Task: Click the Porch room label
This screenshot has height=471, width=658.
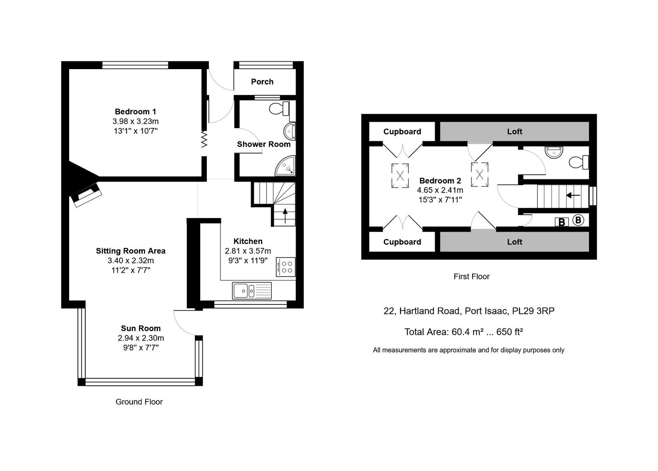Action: [262, 82]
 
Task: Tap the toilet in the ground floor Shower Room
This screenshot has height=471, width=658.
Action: [279, 109]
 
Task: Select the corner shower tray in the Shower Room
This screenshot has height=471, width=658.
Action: [285, 166]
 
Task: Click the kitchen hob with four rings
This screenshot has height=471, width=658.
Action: [285, 267]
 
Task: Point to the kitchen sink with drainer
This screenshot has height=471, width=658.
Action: [252, 290]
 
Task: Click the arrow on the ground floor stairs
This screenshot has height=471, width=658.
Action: [285, 216]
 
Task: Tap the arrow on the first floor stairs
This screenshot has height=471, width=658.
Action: [573, 195]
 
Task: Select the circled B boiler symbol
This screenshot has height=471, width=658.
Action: [578, 220]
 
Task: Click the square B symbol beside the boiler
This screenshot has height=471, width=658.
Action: [562, 222]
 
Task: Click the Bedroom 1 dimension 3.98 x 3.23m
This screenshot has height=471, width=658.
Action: [135, 121]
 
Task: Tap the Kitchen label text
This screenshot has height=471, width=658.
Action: [248, 241]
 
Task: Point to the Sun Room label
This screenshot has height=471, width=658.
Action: [141, 328]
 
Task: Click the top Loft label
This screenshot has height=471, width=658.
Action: [514, 131]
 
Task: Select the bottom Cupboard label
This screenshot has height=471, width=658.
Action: [402, 242]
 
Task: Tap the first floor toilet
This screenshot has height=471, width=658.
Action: [579, 162]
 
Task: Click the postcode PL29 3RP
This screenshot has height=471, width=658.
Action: [533, 311]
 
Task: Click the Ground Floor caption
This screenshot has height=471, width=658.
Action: [139, 401]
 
